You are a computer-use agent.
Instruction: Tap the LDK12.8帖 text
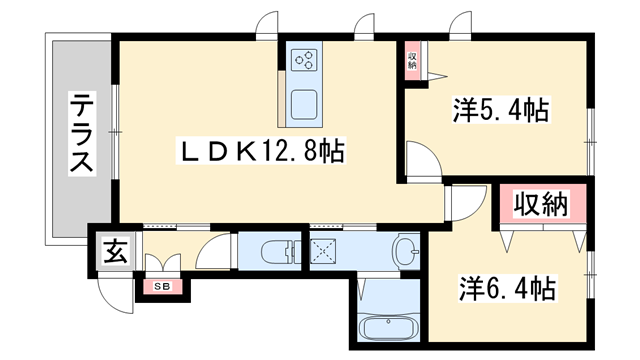point(263,152)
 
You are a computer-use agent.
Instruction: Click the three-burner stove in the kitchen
point(304,61)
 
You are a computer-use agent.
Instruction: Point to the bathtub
point(386,326)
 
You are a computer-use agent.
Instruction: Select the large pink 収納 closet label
point(541,206)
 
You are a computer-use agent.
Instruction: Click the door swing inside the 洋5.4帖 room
point(420,160)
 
